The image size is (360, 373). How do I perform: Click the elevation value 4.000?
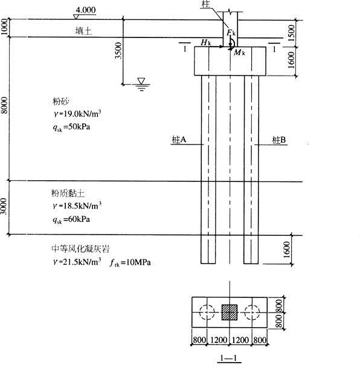click(86, 10)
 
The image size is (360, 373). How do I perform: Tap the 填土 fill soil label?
click(83, 31)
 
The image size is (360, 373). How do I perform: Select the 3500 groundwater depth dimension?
click(118, 50)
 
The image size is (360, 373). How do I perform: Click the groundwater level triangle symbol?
click(141, 81)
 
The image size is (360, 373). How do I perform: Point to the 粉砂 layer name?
click(61, 101)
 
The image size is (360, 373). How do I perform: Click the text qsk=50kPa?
click(71, 128)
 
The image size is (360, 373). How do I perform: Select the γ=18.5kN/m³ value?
click(77, 206)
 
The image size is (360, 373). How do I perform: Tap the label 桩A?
click(179, 140)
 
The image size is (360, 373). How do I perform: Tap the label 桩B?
click(278, 140)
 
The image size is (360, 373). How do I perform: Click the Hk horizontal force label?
click(206, 42)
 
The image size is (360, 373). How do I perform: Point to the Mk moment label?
click(239, 53)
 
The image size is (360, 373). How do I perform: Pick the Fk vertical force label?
click(231, 33)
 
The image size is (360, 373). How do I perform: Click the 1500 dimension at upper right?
click(291, 33)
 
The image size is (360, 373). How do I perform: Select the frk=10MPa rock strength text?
click(130, 262)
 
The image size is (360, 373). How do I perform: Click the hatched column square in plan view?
click(230, 312)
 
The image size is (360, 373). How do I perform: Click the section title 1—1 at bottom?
click(229, 358)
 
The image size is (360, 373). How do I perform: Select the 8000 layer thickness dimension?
click(4, 105)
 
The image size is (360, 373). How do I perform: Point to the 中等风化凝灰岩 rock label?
click(80, 249)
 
